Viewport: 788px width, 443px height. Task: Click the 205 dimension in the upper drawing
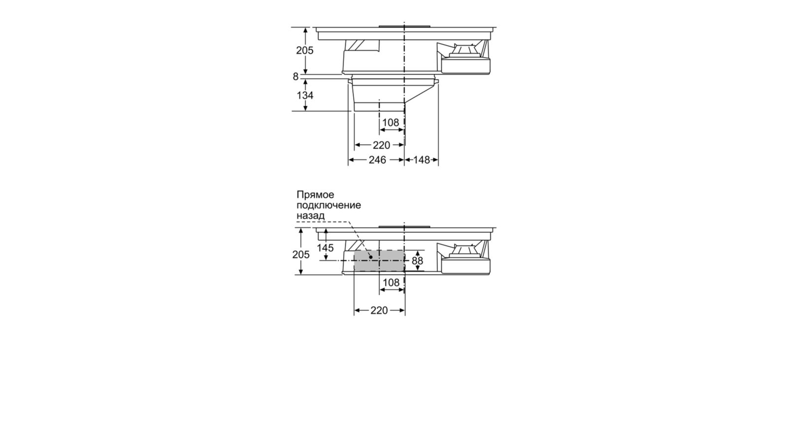(x=305, y=51)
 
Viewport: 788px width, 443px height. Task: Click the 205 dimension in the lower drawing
(x=301, y=254)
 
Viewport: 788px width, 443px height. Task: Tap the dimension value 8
(x=295, y=76)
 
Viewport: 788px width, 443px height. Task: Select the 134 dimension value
(x=305, y=95)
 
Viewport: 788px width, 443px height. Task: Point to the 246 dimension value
(x=377, y=160)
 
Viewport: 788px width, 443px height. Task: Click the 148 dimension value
(x=422, y=160)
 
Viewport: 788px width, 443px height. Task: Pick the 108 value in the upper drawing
(x=391, y=123)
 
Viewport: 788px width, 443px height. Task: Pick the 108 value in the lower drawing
(x=391, y=283)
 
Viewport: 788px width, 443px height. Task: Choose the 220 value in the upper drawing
(x=381, y=145)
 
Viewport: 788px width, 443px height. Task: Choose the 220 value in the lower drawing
(x=379, y=311)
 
